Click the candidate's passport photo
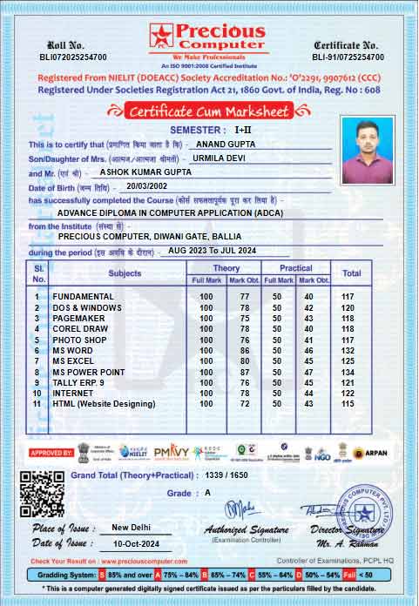(x=368, y=145)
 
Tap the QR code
(x=42, y=494)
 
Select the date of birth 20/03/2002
(x=145, y=186)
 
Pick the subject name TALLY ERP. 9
(x=78, y=382)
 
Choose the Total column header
(x=351, y=273)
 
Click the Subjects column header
(x=125, y=273)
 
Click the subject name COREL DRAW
(x=80, y=329)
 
